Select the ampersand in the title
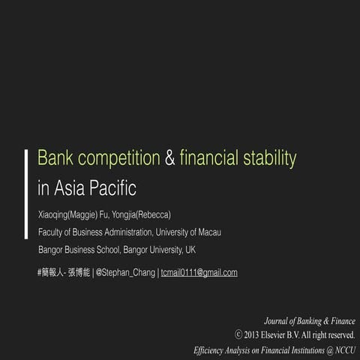(170, 158)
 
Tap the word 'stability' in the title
(270, 158)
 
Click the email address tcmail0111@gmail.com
(199, 272)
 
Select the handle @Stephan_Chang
(125, 272)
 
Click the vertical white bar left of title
(28, 172)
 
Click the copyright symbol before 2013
(238, 334)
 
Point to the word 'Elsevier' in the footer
(283, 334)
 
